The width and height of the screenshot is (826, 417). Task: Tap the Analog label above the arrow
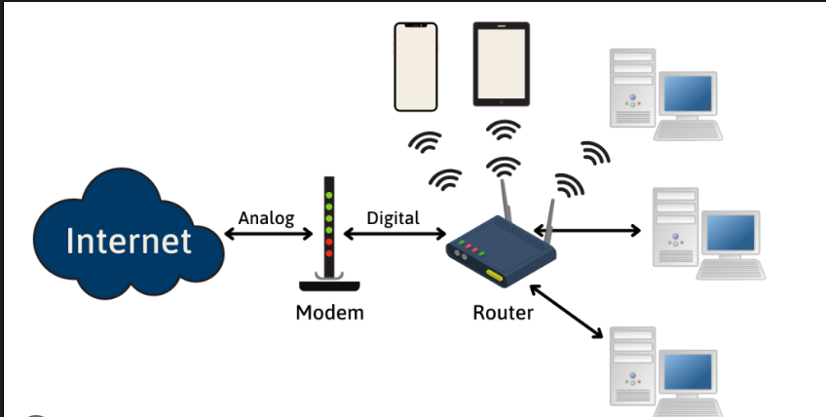point(266,217)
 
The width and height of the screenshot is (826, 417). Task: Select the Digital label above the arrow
point(393,217)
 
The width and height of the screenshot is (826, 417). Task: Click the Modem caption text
point(330,313)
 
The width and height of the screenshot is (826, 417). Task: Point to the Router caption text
point(503,313)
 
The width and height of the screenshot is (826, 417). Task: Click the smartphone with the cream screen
point(416,66)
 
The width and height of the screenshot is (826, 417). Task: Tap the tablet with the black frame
point(502,64)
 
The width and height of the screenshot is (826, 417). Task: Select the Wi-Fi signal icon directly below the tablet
point(503,130)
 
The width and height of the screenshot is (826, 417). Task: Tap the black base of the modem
point(329,285)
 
